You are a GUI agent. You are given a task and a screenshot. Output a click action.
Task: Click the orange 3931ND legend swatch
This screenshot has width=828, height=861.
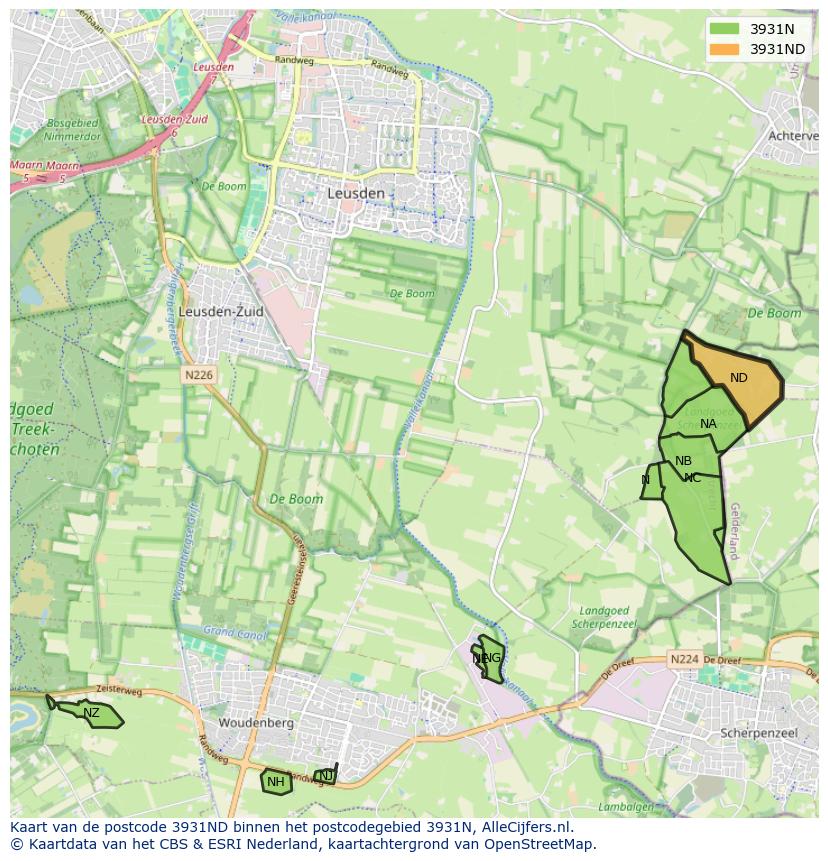pos(726,49)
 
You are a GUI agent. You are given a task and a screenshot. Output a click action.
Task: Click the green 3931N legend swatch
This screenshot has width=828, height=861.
pos(726,29)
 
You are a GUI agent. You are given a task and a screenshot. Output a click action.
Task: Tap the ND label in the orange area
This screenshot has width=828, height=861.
pos(739,378)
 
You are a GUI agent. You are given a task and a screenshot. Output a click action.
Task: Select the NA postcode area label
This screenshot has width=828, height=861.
pos(708,424)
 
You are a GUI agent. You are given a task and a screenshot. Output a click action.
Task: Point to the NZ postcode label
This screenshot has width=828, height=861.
pos(91,713)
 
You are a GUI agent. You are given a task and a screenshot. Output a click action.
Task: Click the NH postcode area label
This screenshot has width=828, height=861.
pos(276,782)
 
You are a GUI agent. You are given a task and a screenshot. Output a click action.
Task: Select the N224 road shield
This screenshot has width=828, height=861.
pos(684,659)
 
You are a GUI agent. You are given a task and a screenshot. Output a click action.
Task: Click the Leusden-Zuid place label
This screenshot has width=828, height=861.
pos(221,312)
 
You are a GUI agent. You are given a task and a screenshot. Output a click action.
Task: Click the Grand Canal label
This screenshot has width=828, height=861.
pos(233,632)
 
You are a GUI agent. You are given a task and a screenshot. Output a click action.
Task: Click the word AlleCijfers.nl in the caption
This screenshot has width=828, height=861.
pos(524,827)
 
